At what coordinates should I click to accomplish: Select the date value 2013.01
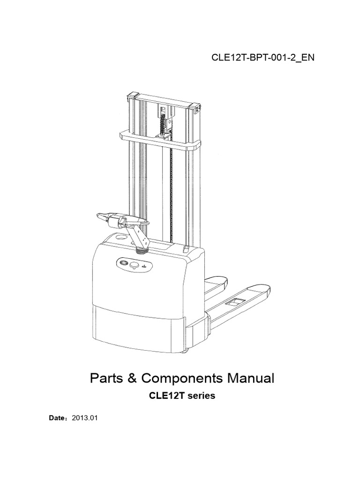tap(84, 416)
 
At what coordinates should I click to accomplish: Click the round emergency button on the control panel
tap(134, 266)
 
